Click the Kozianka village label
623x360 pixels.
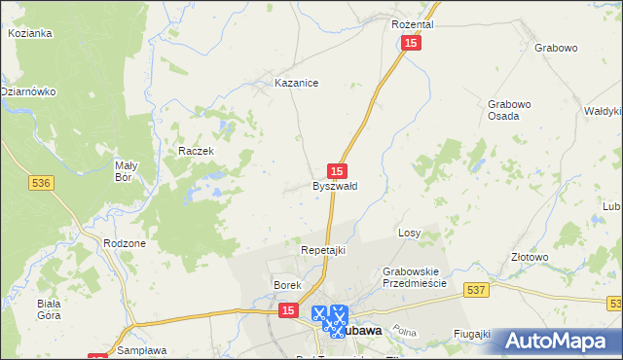coord(29,33)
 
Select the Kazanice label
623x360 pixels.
coord(297,84)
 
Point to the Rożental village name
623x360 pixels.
coord(412,23)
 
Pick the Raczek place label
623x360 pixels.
coord(195,152)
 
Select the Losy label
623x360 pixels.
coord(409,234)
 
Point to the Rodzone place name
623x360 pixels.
coord(124,243)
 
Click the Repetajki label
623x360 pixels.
coord(322,251)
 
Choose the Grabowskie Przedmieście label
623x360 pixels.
coord(414,276)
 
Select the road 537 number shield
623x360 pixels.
coord(476,289)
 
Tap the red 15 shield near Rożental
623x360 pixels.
coord(412,45)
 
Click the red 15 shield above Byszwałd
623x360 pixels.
coord(337,169)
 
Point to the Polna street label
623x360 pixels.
coord(406,332)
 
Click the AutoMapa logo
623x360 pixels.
coord(555,341)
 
